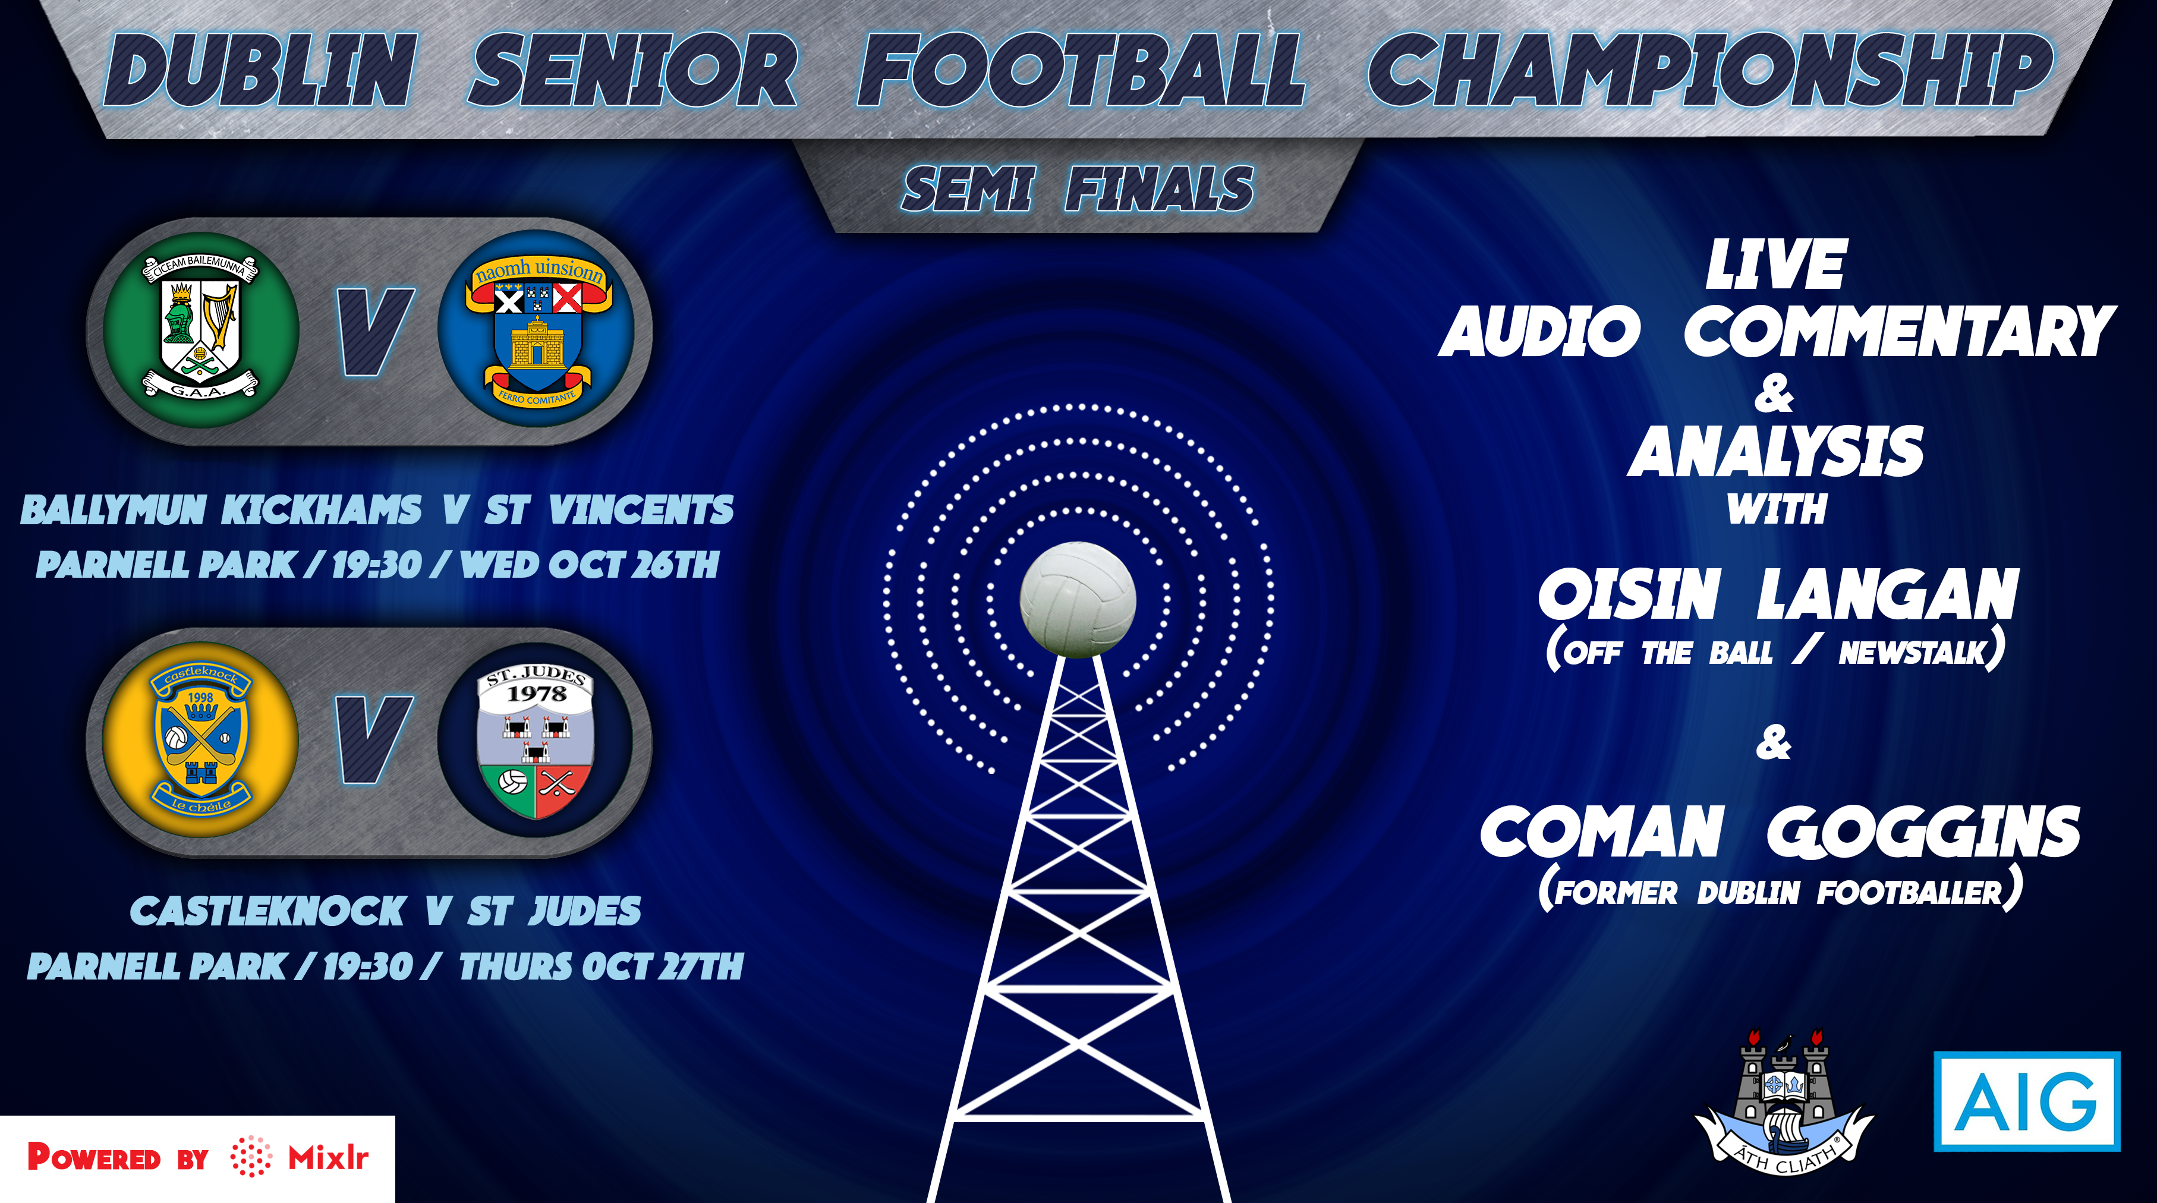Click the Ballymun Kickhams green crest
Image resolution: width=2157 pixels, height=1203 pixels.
[x=201, y=330]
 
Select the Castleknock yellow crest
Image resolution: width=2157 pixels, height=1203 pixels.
[x=201, y=740]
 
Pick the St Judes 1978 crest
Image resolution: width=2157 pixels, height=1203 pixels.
[x=536, y=740]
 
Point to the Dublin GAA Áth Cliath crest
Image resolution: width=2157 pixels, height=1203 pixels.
[x=1784, y=1103]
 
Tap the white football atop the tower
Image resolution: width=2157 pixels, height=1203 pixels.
[x=1078, y=599]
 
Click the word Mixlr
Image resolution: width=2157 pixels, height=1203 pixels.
[x=328, y=1158]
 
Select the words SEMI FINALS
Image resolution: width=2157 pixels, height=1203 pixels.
[x=1078, y=188]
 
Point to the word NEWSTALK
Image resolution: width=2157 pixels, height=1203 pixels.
[x=1913, y=652]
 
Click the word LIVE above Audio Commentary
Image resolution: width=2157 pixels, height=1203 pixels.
[x=1775, y=264]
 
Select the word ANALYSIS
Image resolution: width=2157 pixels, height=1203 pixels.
[x=1775, y=451]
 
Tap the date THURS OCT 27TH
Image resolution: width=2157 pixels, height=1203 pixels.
[x=601, y=966]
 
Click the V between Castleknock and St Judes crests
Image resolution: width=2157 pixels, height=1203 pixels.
[x=373, y=740]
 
